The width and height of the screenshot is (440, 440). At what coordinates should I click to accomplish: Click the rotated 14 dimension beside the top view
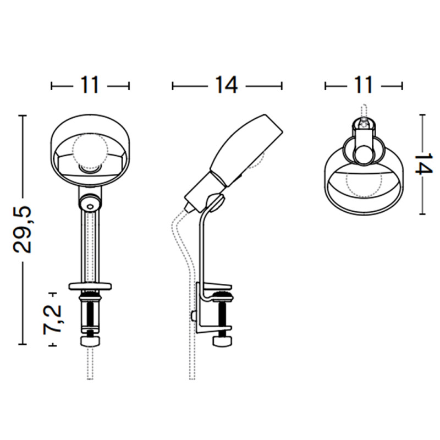[422, 164]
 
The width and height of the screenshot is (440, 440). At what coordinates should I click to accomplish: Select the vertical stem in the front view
[90, 248]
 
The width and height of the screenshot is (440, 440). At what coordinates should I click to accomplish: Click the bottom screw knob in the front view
[90, 342]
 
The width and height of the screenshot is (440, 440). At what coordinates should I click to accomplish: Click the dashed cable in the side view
[182, 248]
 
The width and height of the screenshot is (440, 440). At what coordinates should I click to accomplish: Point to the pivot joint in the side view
[216, 203]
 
